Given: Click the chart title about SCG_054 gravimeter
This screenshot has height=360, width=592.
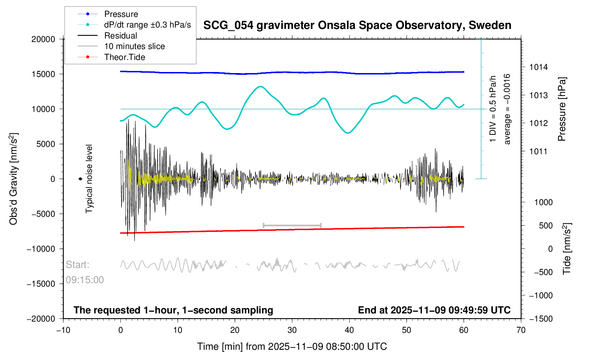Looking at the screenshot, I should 357,25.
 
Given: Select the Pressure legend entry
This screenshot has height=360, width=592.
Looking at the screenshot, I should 121,14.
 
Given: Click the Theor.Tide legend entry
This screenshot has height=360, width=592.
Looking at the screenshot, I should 124,57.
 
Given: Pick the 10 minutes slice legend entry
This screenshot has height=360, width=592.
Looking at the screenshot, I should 134,46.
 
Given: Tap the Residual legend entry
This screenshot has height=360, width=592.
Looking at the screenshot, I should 120,36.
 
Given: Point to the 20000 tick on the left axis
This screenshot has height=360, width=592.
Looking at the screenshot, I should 43,39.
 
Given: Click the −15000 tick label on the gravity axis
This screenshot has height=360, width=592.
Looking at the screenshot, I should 41,284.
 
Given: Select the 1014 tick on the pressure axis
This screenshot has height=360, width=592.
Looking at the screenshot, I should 538,67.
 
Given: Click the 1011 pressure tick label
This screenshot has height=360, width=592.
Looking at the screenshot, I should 538,151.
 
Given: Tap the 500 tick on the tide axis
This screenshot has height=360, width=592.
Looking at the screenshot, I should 546,226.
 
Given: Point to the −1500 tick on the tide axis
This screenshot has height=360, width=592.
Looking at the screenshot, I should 541,319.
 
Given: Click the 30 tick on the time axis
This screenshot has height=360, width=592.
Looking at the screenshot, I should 292,330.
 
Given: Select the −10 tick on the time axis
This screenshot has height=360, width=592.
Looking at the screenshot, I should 63,330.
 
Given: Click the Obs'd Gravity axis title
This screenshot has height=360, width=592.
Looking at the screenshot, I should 13,179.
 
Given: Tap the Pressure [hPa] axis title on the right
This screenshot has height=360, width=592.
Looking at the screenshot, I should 562,109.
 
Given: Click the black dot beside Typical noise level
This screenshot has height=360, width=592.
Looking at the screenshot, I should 81,179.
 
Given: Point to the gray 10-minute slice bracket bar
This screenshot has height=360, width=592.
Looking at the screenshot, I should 292,225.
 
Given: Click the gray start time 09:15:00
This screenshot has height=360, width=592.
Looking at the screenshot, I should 85,280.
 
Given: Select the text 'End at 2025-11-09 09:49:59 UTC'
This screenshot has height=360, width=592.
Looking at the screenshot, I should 434,310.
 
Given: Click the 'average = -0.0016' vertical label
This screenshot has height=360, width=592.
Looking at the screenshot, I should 507,109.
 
